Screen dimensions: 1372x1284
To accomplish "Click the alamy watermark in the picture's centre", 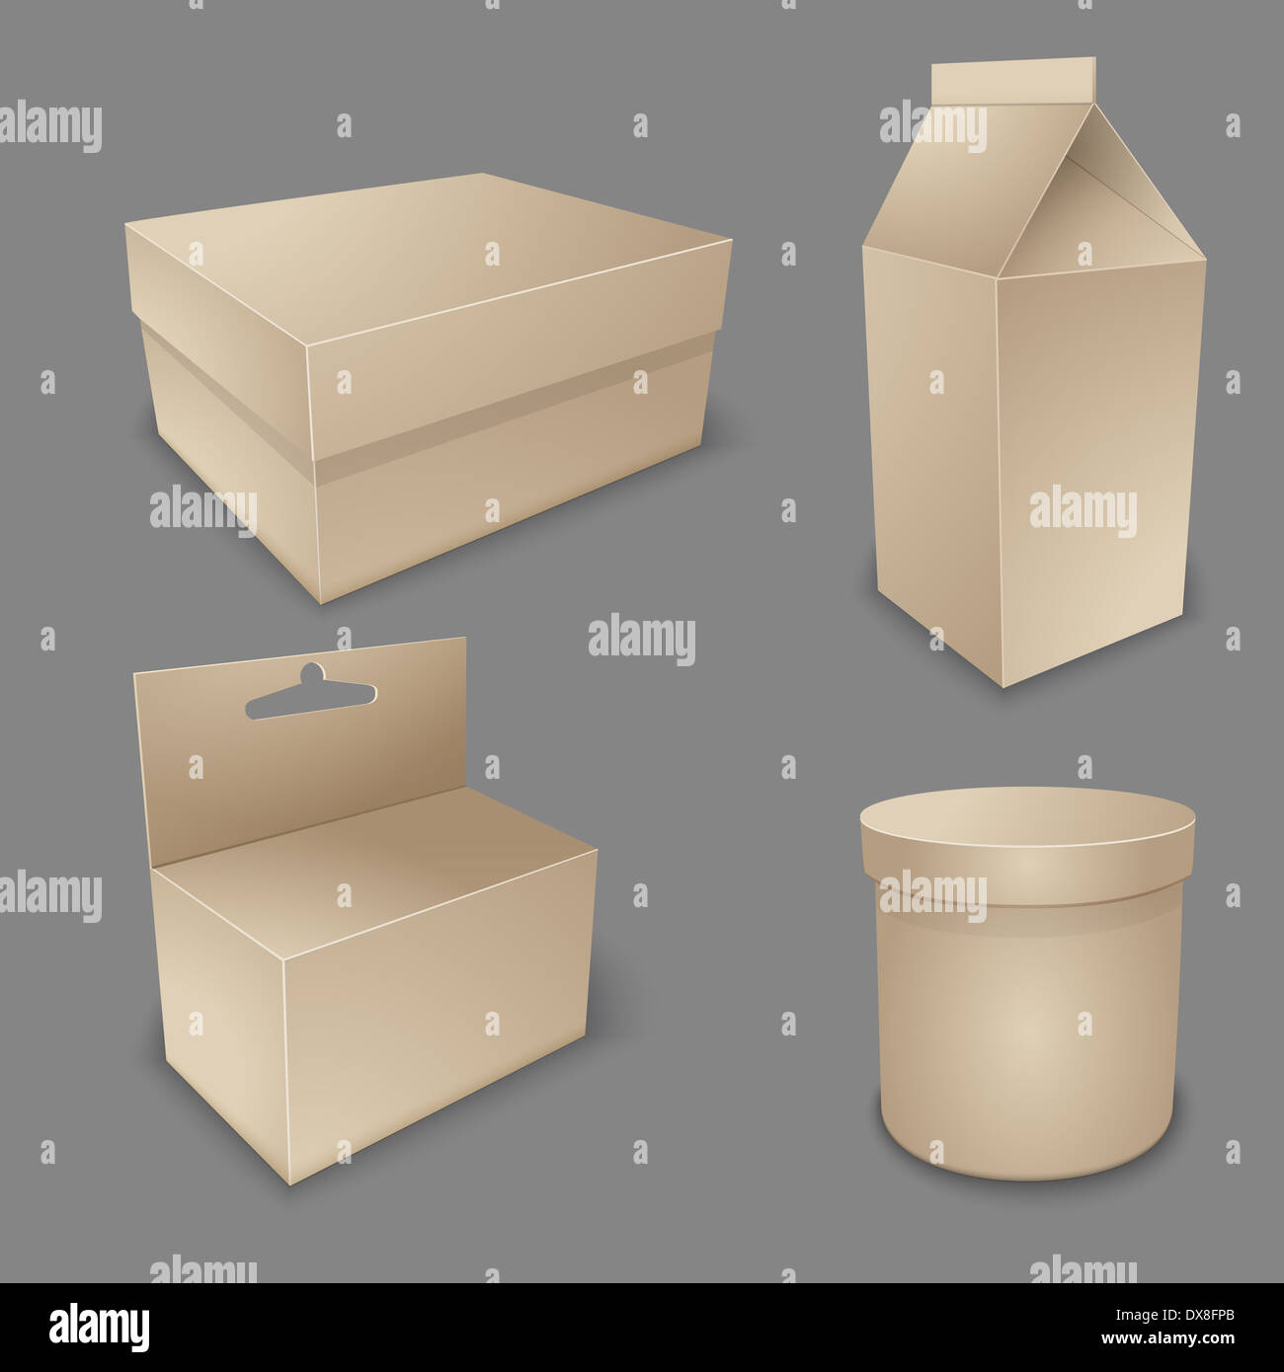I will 642,639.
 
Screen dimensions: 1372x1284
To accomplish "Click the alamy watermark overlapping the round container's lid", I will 933,893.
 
